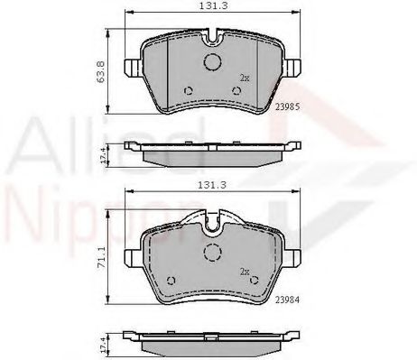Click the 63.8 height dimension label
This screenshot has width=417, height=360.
point(100,71)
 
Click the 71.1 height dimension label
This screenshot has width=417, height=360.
point(101,257)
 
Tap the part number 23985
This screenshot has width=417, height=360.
point(288,106)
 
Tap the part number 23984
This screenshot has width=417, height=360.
point(287,300)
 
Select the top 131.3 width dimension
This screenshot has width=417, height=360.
point(213,6)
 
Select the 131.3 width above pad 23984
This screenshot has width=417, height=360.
point(212,185)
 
